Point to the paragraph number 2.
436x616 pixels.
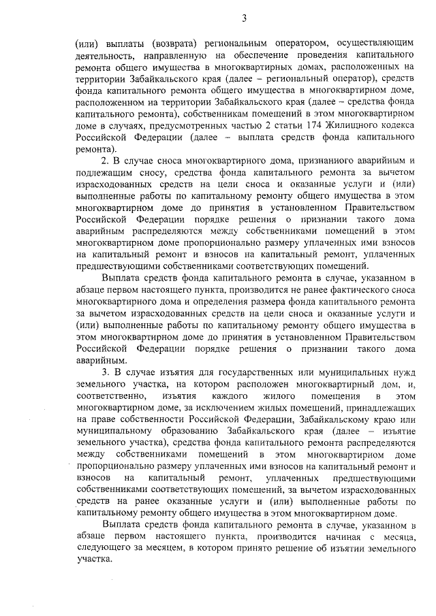click(105, 159)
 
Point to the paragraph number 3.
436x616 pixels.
click(105, 372)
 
